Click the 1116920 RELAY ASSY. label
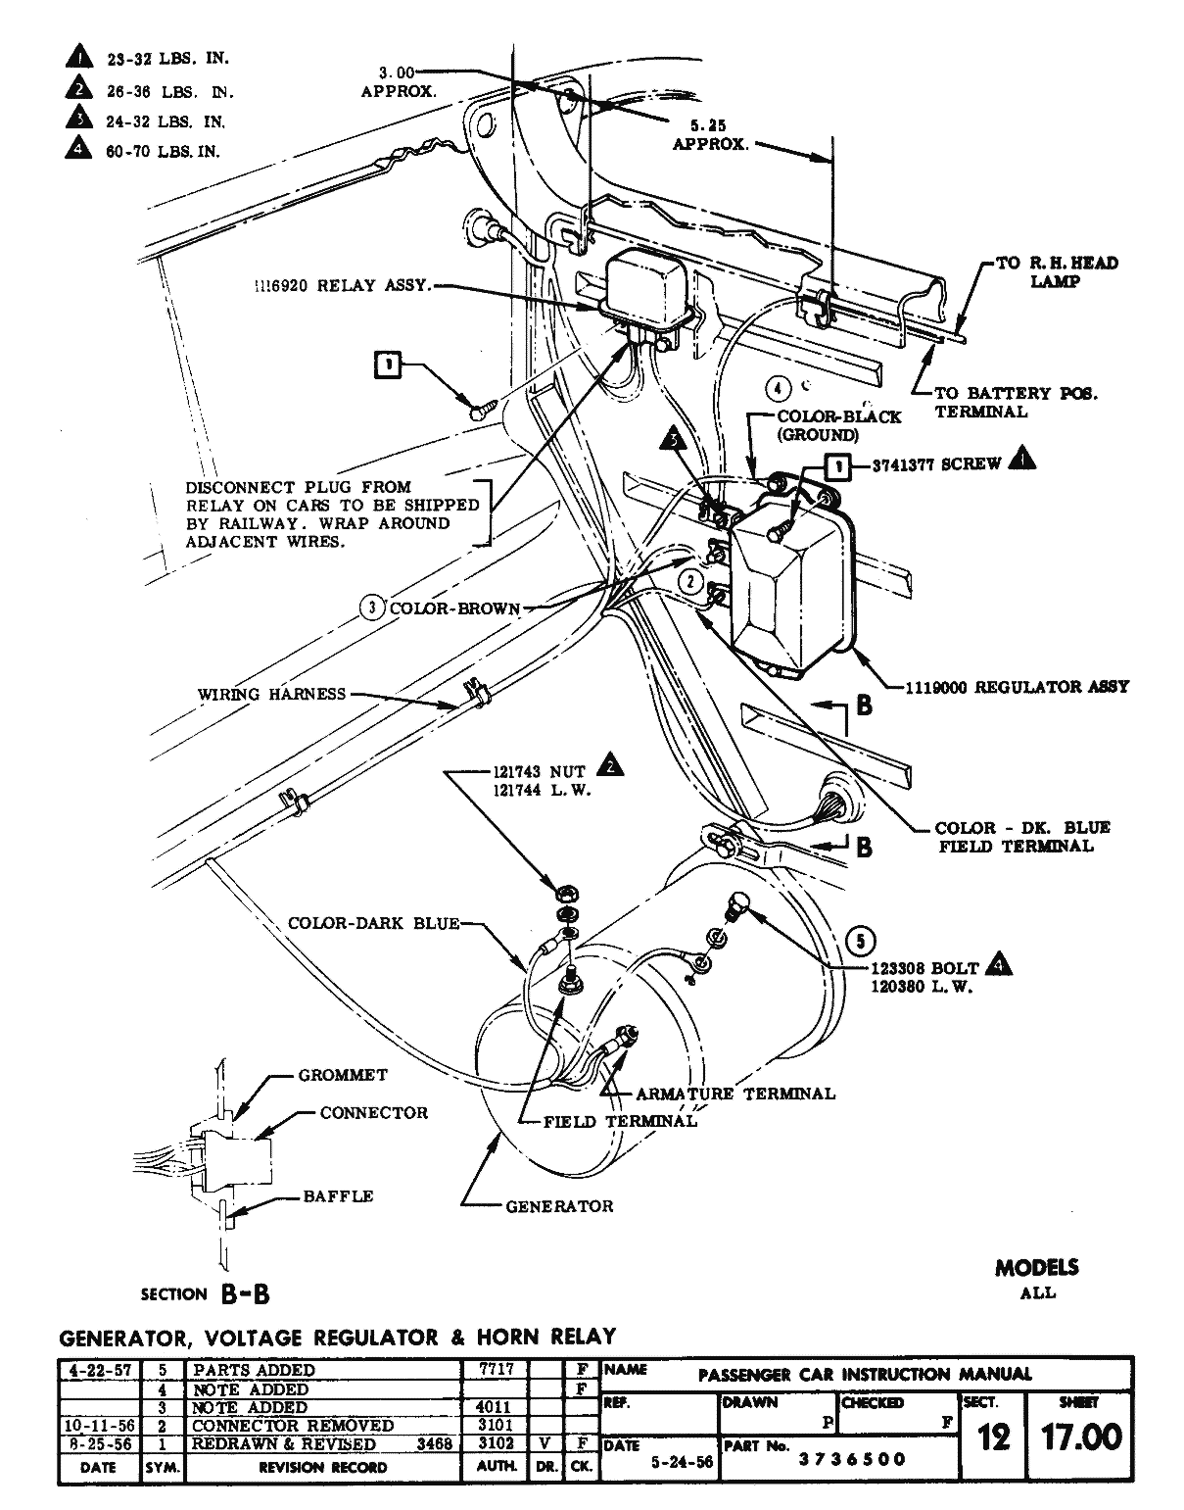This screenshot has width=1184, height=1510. [342, 286]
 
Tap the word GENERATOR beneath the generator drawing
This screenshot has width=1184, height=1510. [559, 1206]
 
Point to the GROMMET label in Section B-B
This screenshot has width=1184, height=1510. [343, 1075]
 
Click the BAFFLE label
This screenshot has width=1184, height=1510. [337, 1195]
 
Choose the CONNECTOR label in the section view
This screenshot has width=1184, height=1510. [374, 1113]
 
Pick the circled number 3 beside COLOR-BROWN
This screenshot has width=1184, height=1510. [371, 609]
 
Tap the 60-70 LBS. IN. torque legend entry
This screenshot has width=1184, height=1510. [163, 152]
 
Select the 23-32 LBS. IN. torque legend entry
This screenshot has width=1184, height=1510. [166, 59]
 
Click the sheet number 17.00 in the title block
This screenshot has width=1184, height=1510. [1080, 1437]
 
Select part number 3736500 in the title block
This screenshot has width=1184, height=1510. [852, 1459]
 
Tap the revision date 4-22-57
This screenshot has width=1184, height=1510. [98, 1370]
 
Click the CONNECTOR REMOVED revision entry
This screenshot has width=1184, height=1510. [292, 1426]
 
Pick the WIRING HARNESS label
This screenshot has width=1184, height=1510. [271, 695]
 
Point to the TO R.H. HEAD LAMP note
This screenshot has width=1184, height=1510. [1056, 271]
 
